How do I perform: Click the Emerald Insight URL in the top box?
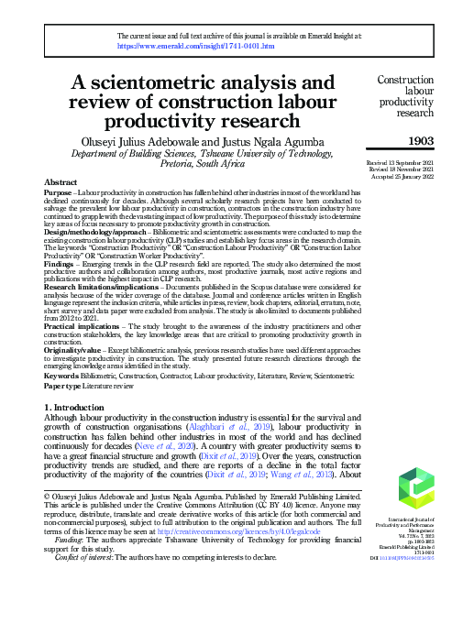171,44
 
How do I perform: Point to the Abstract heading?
61,183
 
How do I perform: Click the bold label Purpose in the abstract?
59,194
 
